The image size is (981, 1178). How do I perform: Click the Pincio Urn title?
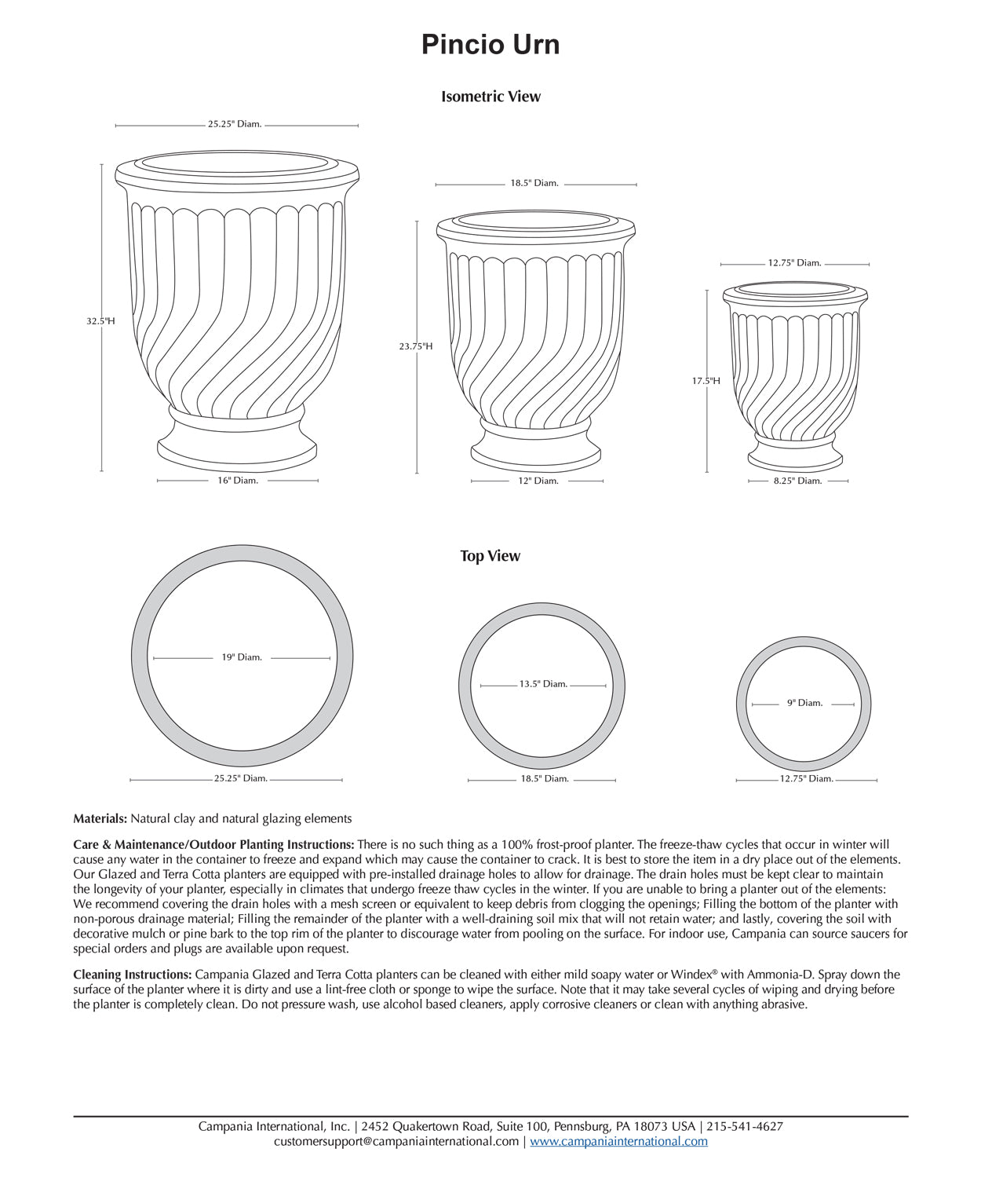(x=491, y=45)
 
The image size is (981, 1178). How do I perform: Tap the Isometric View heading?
(x=491, y=97)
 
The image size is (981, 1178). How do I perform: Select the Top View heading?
(x=490, y=556)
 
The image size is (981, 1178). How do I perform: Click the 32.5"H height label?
(x=100, y=321)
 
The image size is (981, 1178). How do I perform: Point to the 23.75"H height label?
(x=415, y=346)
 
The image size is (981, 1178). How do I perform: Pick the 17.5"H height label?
(x=706, y=381)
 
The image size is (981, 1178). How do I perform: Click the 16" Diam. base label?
(x=238, y=481)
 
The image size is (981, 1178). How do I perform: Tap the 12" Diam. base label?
(x=538, y=481)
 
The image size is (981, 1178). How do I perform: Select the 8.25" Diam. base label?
(x=797, y=481)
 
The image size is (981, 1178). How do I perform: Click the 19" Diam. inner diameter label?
(x=242, y=657)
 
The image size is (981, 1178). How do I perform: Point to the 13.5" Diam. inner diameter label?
(x=543, y=684)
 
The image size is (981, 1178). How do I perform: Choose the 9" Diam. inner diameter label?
(x=804, y=703)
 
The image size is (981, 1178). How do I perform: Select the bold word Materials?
(x=100, y=818)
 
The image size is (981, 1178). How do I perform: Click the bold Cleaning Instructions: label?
(x=132, y=975)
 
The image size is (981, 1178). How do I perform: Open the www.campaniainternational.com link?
(x=618, y=1141)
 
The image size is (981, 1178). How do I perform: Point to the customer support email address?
(x=396, y=1141)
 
